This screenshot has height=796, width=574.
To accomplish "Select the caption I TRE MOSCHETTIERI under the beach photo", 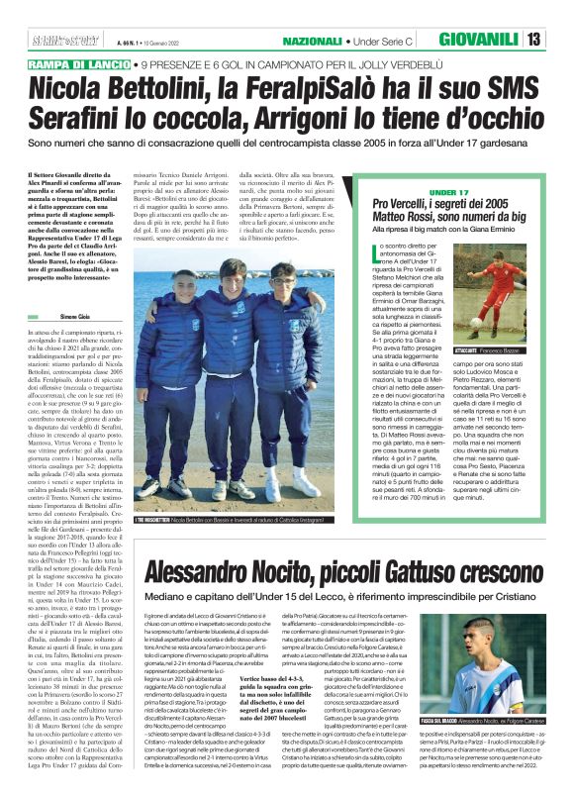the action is point(169,520).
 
